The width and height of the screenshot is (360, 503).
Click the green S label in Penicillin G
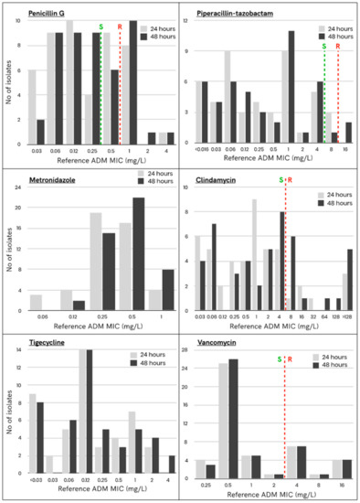(101, 27)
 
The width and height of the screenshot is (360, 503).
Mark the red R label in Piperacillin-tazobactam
(338, 46)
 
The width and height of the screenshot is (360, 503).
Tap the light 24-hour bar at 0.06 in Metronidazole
(35, 301)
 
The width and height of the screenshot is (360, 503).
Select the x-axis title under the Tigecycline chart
(91, 495)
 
